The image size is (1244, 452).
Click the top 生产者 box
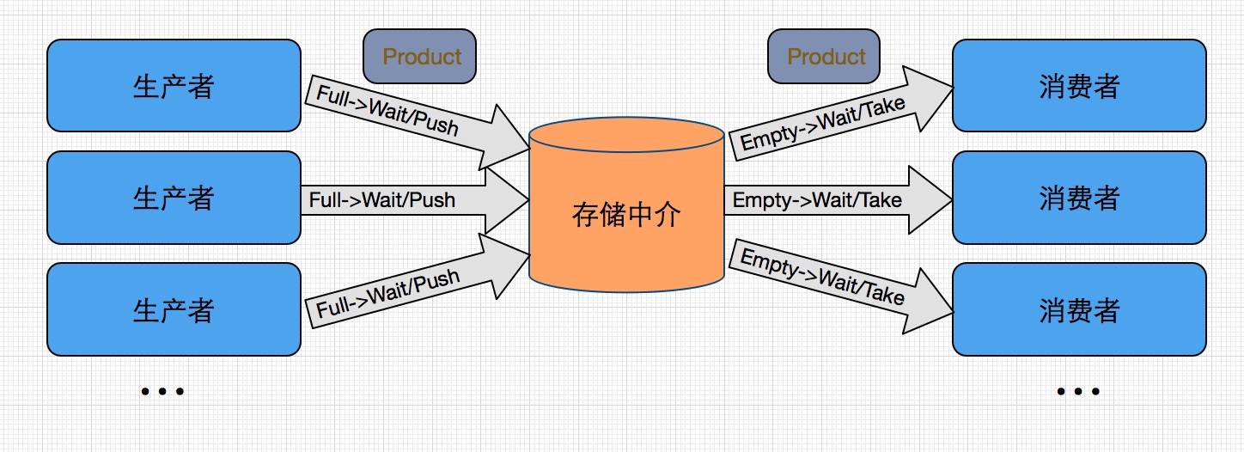tap(174, 86)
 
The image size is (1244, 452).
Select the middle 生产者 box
tap(174, 198)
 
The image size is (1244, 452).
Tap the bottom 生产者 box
tap(174, 309)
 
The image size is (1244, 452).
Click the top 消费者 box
tap(1079, 86)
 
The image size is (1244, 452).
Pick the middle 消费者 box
tap(1079, 198)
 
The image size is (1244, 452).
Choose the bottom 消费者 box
tap(1079, 309)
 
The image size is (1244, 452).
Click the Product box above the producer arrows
tap(419, 57)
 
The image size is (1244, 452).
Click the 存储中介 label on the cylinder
tap(625, 215)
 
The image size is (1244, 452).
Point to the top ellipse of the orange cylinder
tap(625, 136)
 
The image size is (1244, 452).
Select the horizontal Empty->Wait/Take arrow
tap(816, 200)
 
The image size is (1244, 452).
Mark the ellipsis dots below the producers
tap(162, 392)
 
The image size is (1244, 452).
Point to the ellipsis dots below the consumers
tap(1078, 392)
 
